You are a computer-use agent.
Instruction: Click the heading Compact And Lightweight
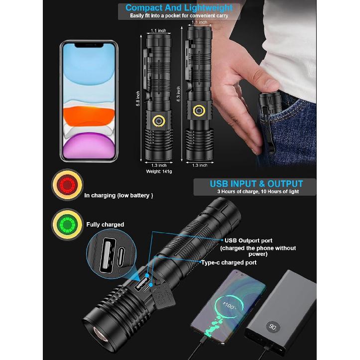tap(179, 7)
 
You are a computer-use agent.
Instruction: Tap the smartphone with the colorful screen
tap(89, 101)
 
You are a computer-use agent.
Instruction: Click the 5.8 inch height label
tap(138, 99)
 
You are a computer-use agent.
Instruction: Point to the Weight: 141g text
tap(159, 171)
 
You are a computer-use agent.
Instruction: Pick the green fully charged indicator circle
tap(67, 224)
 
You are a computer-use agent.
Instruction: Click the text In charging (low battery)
tap(119, 195)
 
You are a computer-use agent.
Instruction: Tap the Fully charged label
tap(105, 225)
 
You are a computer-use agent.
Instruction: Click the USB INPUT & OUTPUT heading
tap(256, 184)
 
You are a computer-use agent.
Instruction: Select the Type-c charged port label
tap(229, 262)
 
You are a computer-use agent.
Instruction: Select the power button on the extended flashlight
tap(200, 111)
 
